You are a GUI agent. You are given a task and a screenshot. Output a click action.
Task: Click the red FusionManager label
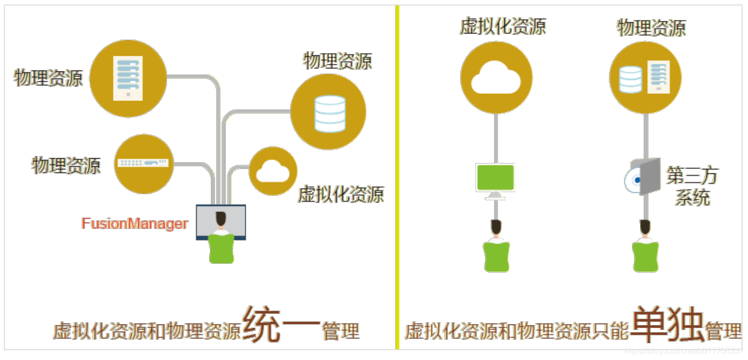click(135, 224)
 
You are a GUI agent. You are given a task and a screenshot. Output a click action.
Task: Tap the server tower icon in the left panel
click(128, 78)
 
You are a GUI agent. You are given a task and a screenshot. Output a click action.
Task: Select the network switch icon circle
click(143, 163)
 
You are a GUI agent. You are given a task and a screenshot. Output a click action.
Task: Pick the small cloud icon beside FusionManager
click(273, 172)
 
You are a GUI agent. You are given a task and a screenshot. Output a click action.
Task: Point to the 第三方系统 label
click(692, 187)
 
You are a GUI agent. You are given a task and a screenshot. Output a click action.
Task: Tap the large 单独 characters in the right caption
click(667, 324)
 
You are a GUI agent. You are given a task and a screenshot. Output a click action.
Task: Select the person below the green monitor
click(496, 247)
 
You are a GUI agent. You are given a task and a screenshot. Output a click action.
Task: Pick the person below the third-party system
click(645, 247)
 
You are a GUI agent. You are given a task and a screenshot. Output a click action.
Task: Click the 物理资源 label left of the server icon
click(49, 78)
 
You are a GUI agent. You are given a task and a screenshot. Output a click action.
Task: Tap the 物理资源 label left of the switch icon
click(66, 166)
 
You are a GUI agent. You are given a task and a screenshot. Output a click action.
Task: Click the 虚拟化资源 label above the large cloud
click(503, 26)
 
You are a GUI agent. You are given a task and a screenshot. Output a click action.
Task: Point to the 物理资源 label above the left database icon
click(338, 61)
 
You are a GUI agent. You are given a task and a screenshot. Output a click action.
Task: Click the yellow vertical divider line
click(397, 177)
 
